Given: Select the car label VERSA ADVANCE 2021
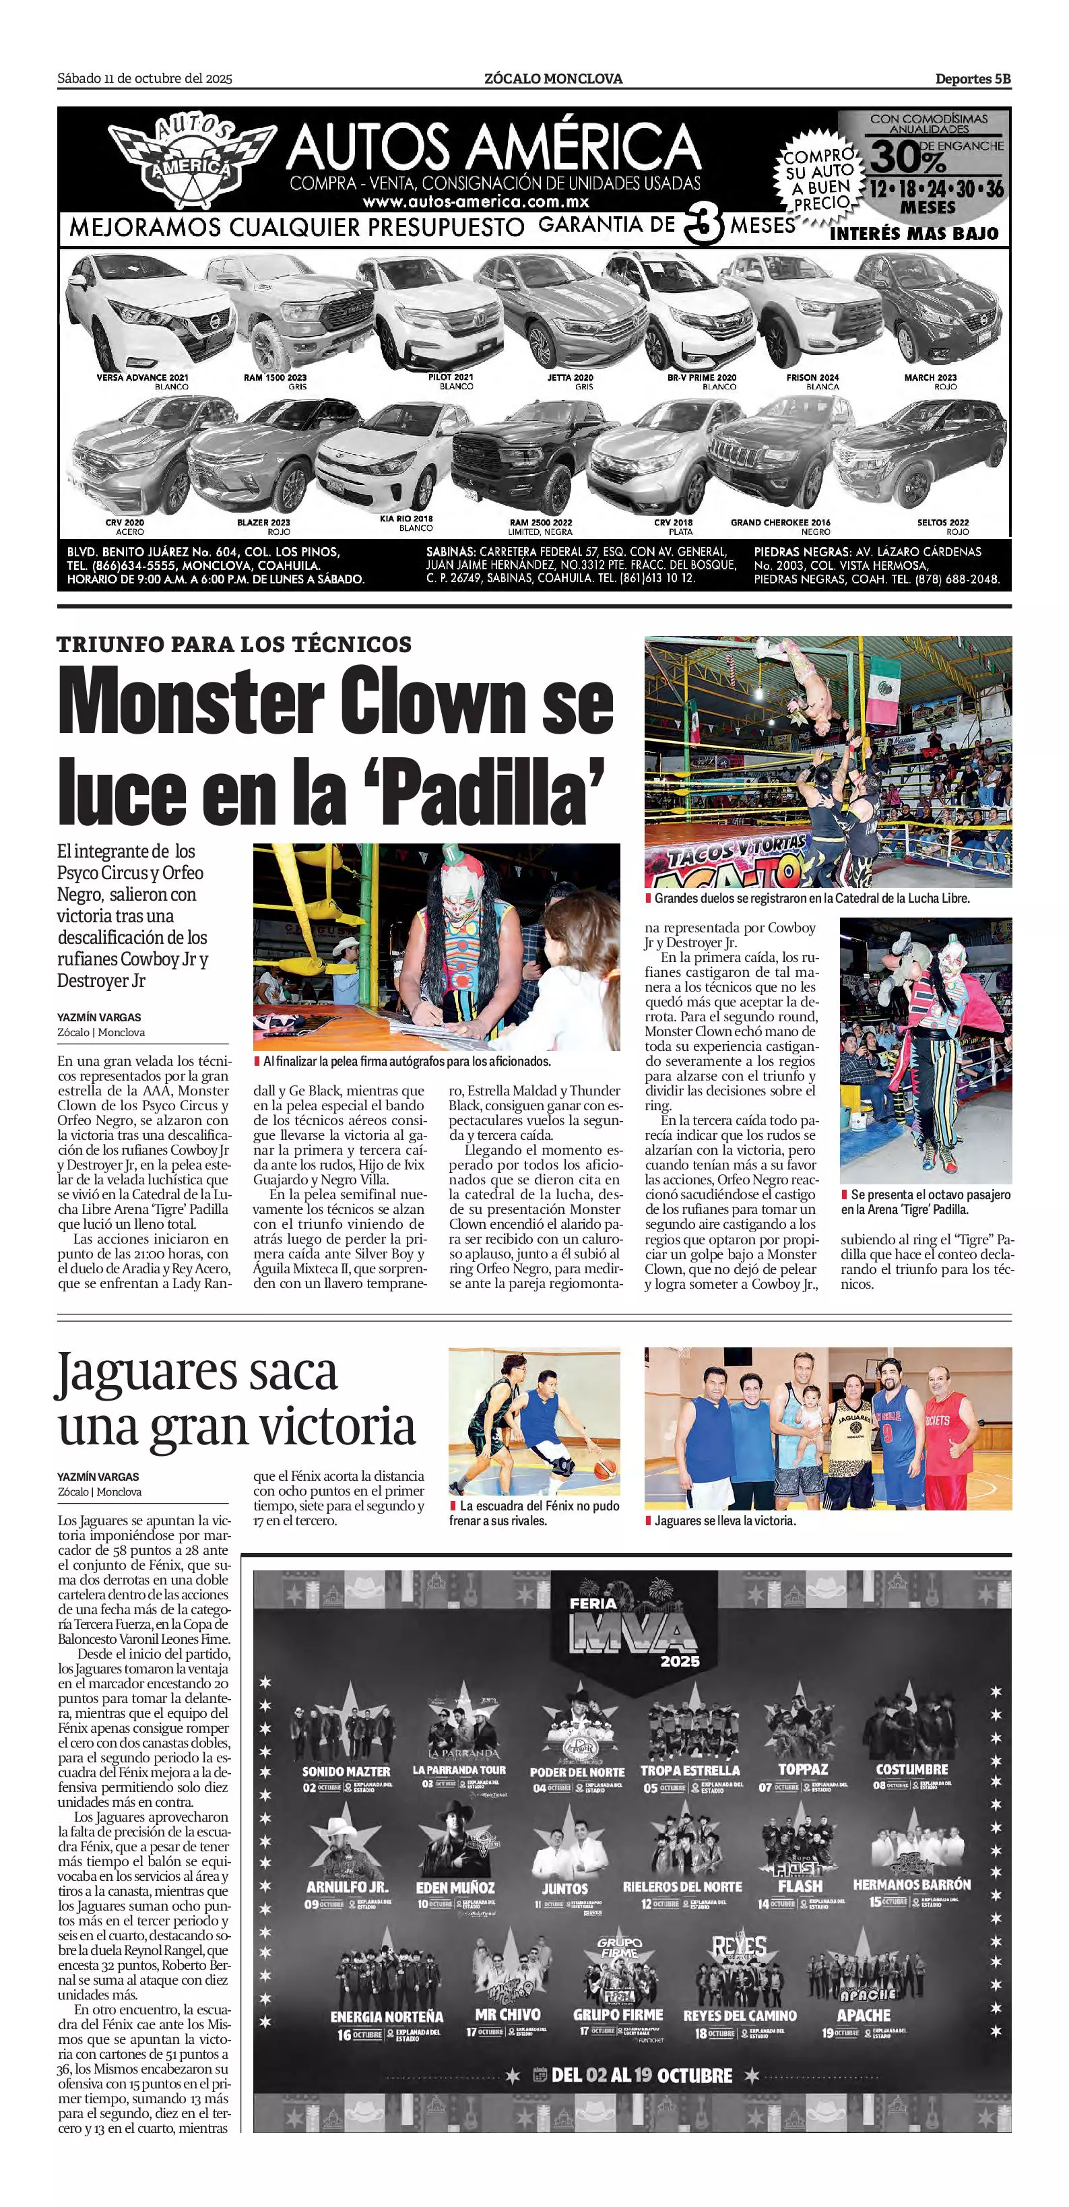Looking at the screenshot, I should coord(142,377).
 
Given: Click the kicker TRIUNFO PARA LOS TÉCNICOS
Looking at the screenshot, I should coord(234,644).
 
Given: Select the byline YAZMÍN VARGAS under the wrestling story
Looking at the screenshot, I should coord(100,1018).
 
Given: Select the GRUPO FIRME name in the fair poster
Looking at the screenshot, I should coord(618,2015).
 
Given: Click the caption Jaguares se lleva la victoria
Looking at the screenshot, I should coord(725,1521).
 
